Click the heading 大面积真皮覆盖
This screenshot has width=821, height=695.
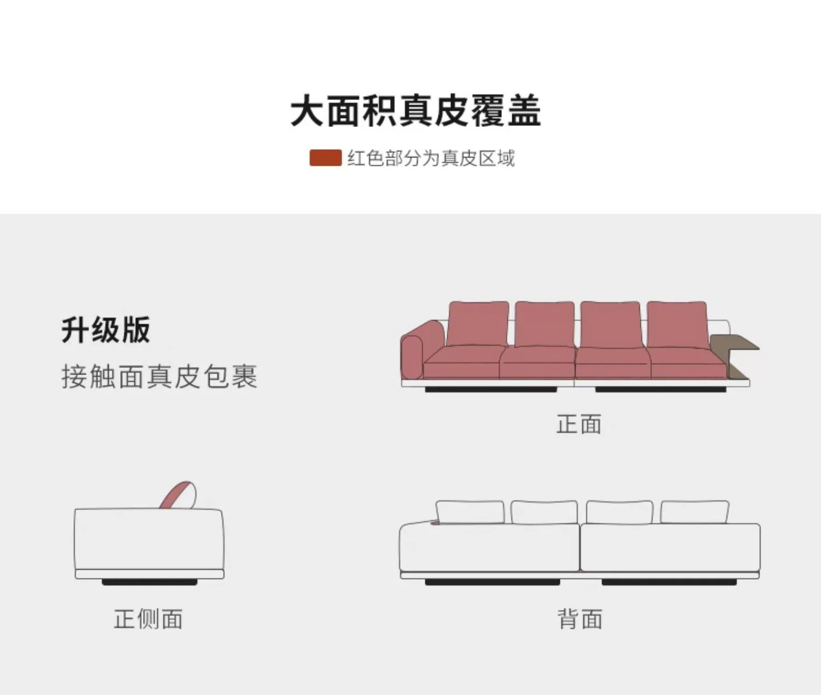(x=415, y=111)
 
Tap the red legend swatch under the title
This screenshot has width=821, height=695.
(x=325, y=158)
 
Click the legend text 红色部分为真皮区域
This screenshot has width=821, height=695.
(x=431, y=158)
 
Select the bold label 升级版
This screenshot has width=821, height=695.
(x=106, y=330)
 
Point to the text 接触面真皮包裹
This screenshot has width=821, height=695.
(x=159, y=376)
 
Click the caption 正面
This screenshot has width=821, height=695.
(x=579, y=424)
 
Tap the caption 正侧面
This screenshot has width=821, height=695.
(x=148, y=619)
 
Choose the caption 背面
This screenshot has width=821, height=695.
(x=580, y=619)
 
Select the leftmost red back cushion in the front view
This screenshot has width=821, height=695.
(x=478, y=323)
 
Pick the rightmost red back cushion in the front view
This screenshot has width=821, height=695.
(x=677, y=324)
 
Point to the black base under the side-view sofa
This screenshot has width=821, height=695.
(x=149, y=582)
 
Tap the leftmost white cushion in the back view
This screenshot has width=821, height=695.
(x=470, y=512)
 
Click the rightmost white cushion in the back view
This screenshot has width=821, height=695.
(x=694, y=512)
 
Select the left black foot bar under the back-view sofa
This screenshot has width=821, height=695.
(x=492, y=582)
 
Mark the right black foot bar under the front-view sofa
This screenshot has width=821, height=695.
(x=661, y=389)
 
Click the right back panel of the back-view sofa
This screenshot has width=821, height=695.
(x=670, y=547)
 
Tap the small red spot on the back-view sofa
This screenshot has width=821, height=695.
(x=435, y=522)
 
